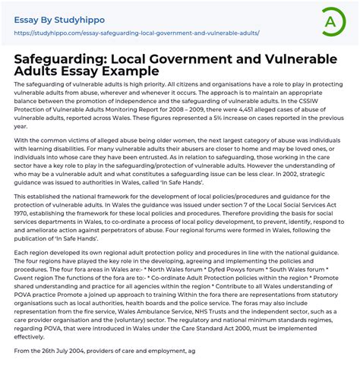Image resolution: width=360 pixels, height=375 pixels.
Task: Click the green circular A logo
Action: (329, 21)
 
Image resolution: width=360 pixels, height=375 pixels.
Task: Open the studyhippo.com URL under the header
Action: (137, 33)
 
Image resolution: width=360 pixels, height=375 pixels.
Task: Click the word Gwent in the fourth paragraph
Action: (26, 277)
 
